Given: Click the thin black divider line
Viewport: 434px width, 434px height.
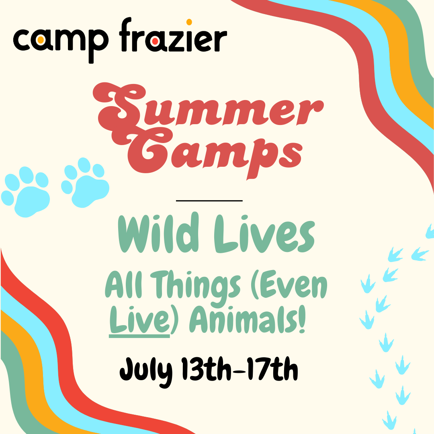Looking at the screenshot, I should pyautogui.click(x=209, y=200).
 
